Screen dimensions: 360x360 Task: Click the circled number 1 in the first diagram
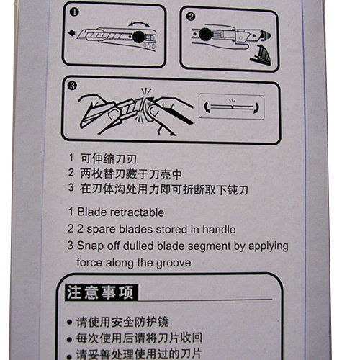pyautogui.click(x=74, y=12)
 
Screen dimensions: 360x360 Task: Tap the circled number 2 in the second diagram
pyautogui.click(x=191, y=17)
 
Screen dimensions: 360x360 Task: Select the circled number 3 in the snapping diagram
pyautogui.click(x=72, y=86)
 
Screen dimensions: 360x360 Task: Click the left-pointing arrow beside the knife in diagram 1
pyautogui.click(x=71, y=33)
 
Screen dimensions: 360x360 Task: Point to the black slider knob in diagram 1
pyautogui.click(x=138, y=37)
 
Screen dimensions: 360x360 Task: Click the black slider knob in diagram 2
pyautogui.click(x=205, y=34)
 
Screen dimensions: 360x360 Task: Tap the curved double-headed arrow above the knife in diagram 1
pyautogui.click(x=139, y=24)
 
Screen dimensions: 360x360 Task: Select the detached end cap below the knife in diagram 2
pyautogui.click(x=261, y=55)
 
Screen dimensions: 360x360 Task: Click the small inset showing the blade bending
pyautogui.click(x=232, y=107)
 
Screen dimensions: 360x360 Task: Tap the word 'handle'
pyautogui.click(x=219, y=229)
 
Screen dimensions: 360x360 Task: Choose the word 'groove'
pyautogui.click(x=174, y=264)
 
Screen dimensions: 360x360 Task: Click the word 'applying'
pyautogui.click(x=269, y=247)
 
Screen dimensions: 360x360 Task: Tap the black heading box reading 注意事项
pyautogui.click(x=102, y=292)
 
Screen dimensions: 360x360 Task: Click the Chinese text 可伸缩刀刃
pyautogui.click(x=109, y=158)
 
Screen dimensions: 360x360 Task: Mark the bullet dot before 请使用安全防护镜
pyautogui.click(x=69, y=322)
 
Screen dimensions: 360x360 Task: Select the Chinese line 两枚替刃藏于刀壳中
pyautogui.click(x=131, y=174)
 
